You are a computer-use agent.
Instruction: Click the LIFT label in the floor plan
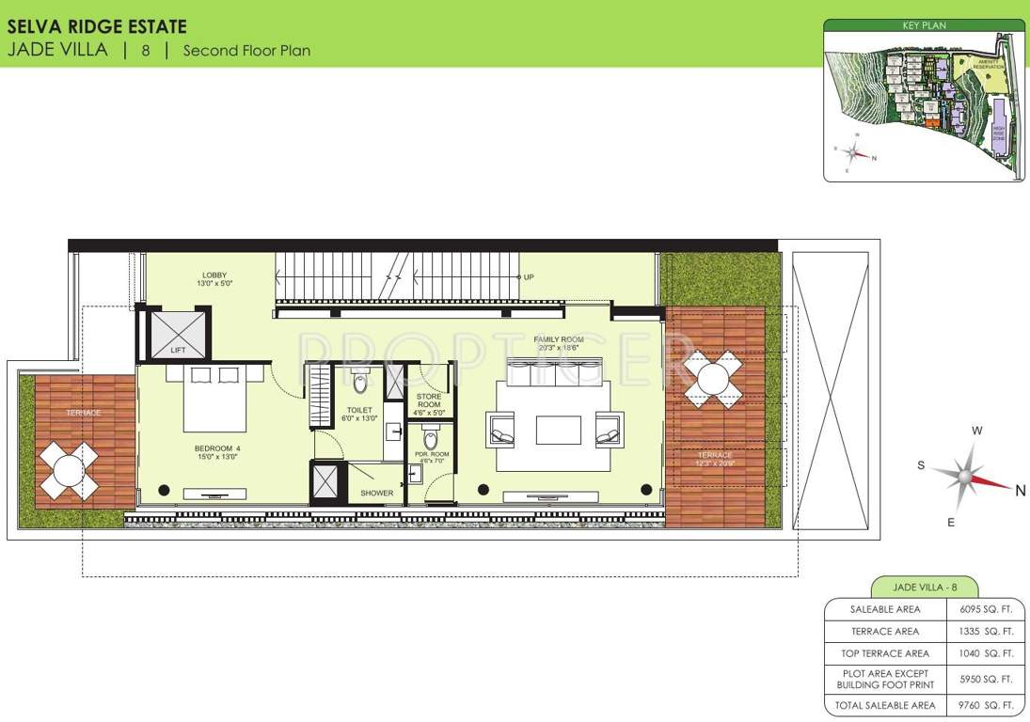click(x=178, y=350)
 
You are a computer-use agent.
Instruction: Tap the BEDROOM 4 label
click(x=217, y=453)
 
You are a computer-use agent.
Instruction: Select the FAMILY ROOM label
click(x=559, y=343)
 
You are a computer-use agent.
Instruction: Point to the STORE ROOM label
click(x=428, y=400)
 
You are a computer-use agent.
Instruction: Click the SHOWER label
click(x=376, y=493)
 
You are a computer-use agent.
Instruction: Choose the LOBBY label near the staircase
click(x=214, y=279)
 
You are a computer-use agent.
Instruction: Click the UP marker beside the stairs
click(x=529, y=277)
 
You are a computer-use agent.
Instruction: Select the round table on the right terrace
click(x=713, y=380)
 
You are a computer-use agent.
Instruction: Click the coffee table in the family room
click(x=559, y=430)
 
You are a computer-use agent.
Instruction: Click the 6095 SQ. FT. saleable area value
click(x=986, y=609)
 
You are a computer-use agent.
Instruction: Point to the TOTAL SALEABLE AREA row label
click(x=885, y=705)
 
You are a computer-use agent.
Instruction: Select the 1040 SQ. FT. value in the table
click(x=986, y=653)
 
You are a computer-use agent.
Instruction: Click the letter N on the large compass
click(x=1020, y=489)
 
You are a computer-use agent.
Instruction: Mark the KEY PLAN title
click(x=924, y=25)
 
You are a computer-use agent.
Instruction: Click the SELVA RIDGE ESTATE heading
click(x=97, y=27)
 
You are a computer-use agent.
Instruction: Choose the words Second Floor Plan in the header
click(x=246, y=51)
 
